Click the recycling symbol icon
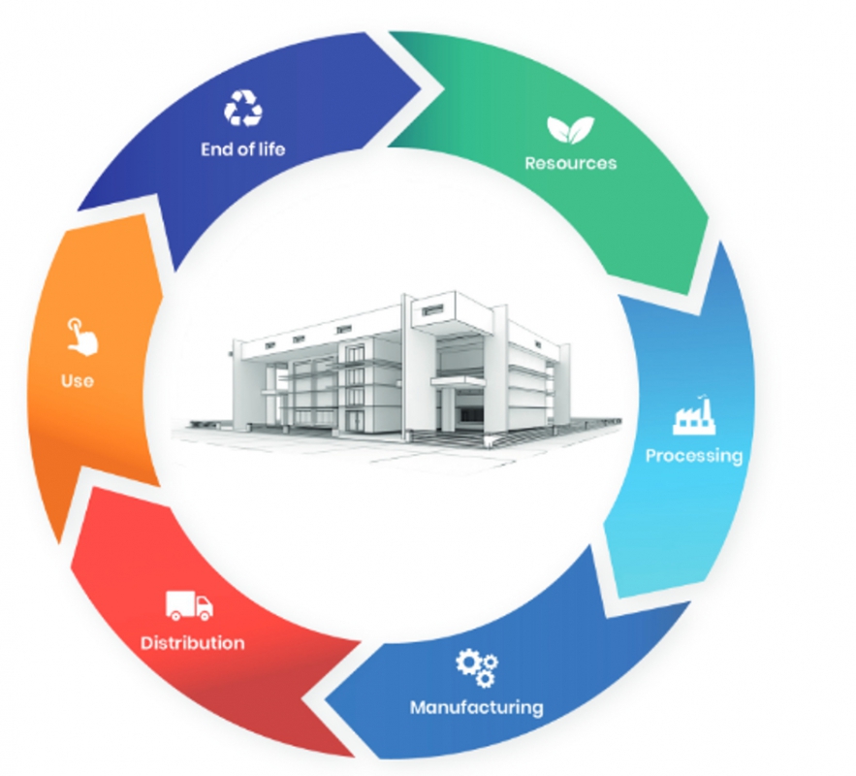point(243,108)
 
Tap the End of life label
point(243,149)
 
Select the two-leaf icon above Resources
point(570,129)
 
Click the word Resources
point(570,163)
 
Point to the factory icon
point(694,416)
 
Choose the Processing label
point(694,456)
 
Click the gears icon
point(477,667)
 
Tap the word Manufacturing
point(477,707)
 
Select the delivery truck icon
point(189,606)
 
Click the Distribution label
point(192,643)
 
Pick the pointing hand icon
point(81,337)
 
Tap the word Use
point(77,380)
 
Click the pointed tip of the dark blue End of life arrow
point(422,88)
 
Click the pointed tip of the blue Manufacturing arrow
point(326,699)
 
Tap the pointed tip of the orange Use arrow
point(79,210)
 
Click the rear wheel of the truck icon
point(175,616)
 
